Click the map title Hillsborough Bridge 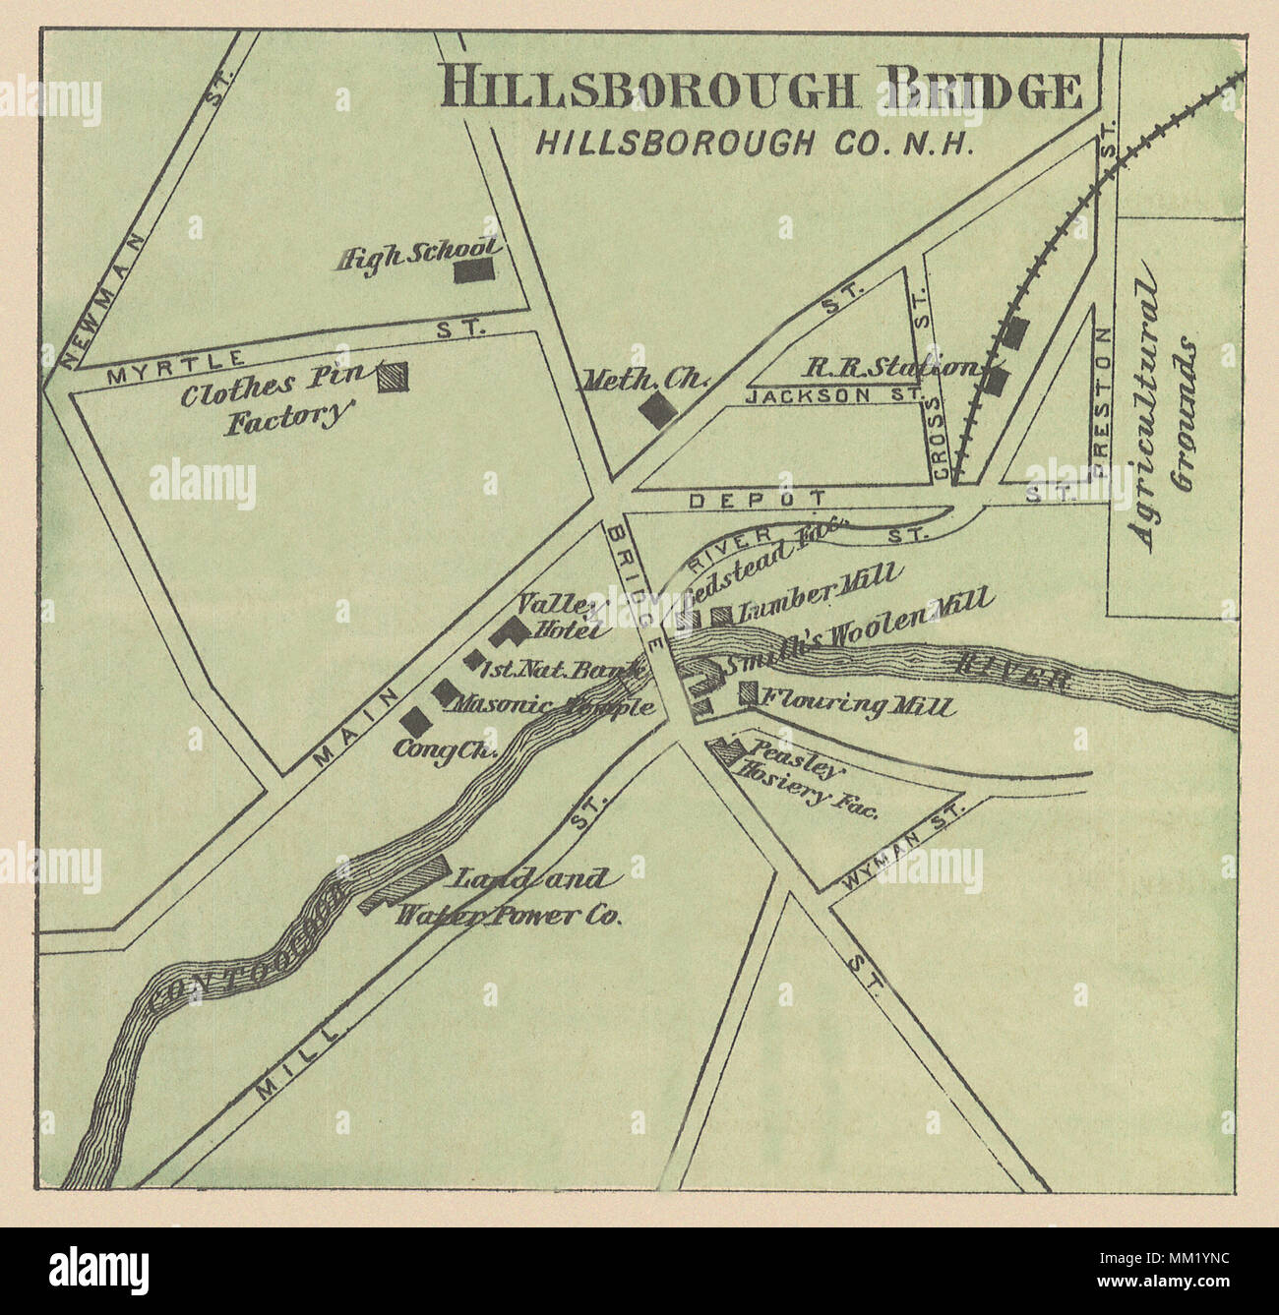[x=762, y=89]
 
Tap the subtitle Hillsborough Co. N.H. [x=754, y=142]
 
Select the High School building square [x=474, y=270]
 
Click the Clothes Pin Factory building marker [x=395, y=377]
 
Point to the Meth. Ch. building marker [x=656, y=409]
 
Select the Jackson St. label [x=832, y=396]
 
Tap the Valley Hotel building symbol [x=512, y=629]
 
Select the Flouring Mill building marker [x=749, y=693]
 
